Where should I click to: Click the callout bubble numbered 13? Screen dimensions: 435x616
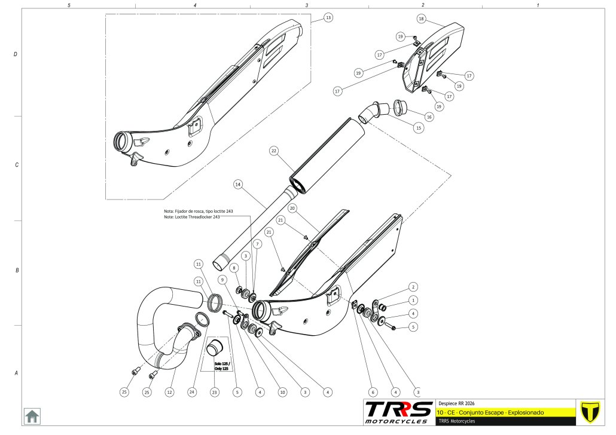[328, 18]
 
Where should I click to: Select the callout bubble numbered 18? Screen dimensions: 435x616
[422, 19]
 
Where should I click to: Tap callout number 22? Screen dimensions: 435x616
[273, 151]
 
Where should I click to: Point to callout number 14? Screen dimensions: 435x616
[237, 185]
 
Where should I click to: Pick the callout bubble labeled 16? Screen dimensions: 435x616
[429, 117]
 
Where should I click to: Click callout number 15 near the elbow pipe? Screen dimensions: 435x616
[418, 128]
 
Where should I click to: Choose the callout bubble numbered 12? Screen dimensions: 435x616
[170, 392]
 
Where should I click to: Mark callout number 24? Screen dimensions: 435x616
[192, 392]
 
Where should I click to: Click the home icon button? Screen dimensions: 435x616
[32, 415]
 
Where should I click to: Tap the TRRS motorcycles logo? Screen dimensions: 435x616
[399, 412]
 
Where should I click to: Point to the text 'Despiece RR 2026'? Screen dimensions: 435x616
[457, 403]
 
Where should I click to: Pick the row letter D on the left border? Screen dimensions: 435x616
[16, 54]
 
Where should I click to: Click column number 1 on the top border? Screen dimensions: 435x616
[538, 5]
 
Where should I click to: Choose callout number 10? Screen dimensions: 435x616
[282, 392]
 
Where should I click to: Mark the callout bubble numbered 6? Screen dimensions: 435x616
[373, 392]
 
